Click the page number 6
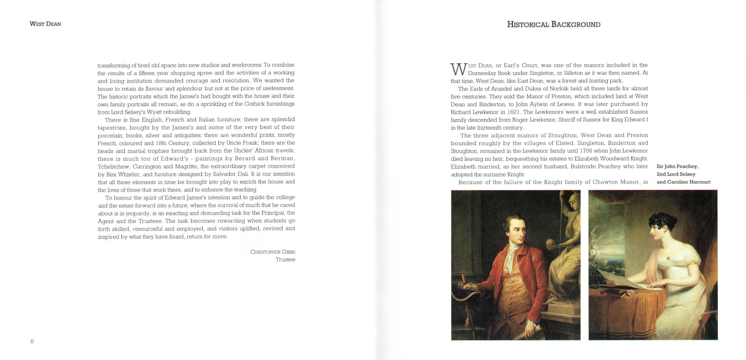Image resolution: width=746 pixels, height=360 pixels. point(32,341)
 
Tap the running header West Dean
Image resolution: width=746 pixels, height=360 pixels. point(45,24)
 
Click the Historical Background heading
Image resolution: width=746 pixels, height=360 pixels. point(554,25)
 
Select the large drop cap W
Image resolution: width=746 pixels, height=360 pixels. point(459,69)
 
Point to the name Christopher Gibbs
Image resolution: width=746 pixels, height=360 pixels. point(273,252)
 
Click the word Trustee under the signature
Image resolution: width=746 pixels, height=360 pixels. point(285,260)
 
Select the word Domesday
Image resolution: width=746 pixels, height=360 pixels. point(481,73)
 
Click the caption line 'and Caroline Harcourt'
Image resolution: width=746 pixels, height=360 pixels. point(683,182)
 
